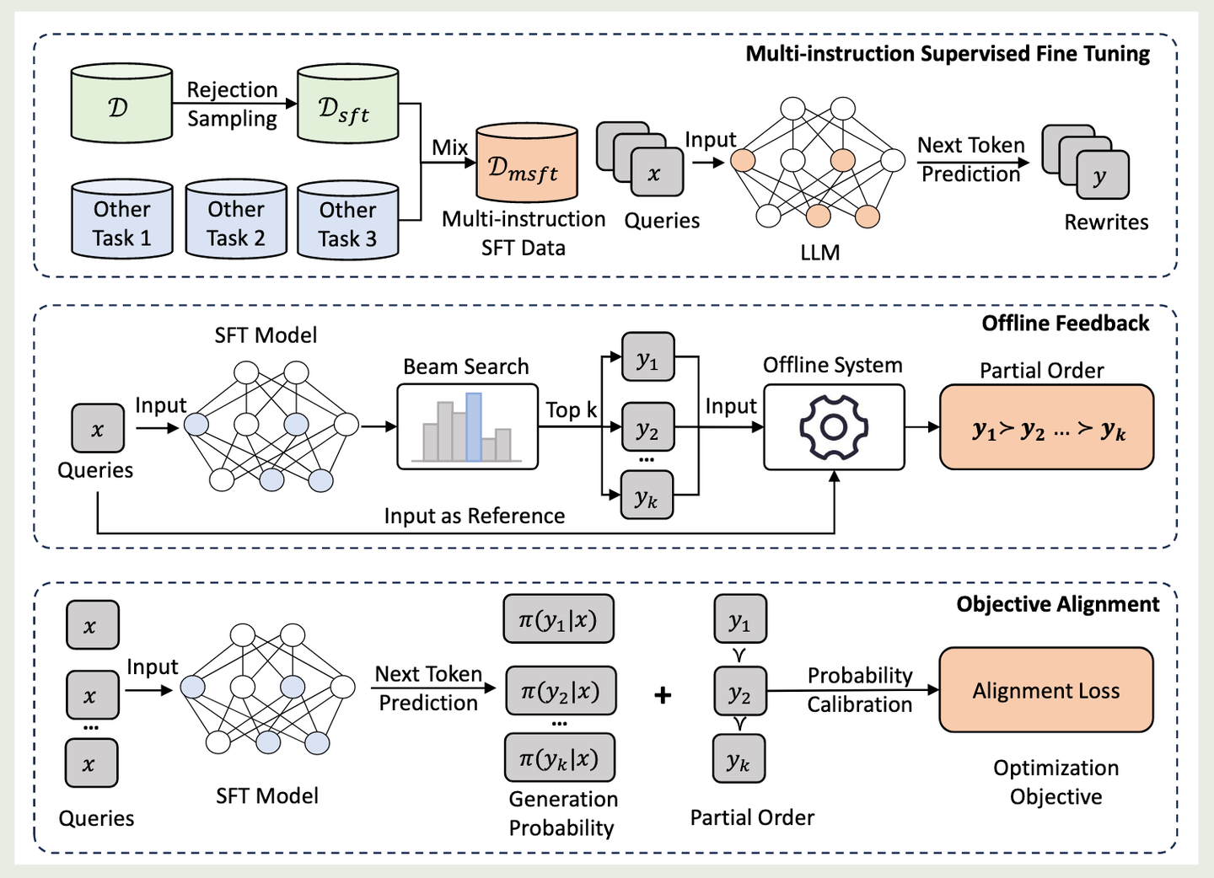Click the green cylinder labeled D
tap(121, 104)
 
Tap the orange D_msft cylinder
tap(526, 165)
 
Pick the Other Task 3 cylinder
tap(347, 222)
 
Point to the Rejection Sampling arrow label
tap(232, 104)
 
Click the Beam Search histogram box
tap(467, 427)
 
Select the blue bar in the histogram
tap(474, 426)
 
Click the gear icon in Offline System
tap(833, 427)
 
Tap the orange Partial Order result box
tap(1046, 427)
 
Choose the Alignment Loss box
tap(1045, 690)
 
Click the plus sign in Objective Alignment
tap(663, 695)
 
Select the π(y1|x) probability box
tap(558, 620)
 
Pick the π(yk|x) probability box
tap(559, 758)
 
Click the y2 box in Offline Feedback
tap(647, 429)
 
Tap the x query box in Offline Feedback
tap(98, 429)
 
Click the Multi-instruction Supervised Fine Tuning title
tap(948, 54)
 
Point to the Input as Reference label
tap(474, 516)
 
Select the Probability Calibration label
tap(859, 690)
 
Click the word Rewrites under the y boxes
tap(1106, 222)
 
